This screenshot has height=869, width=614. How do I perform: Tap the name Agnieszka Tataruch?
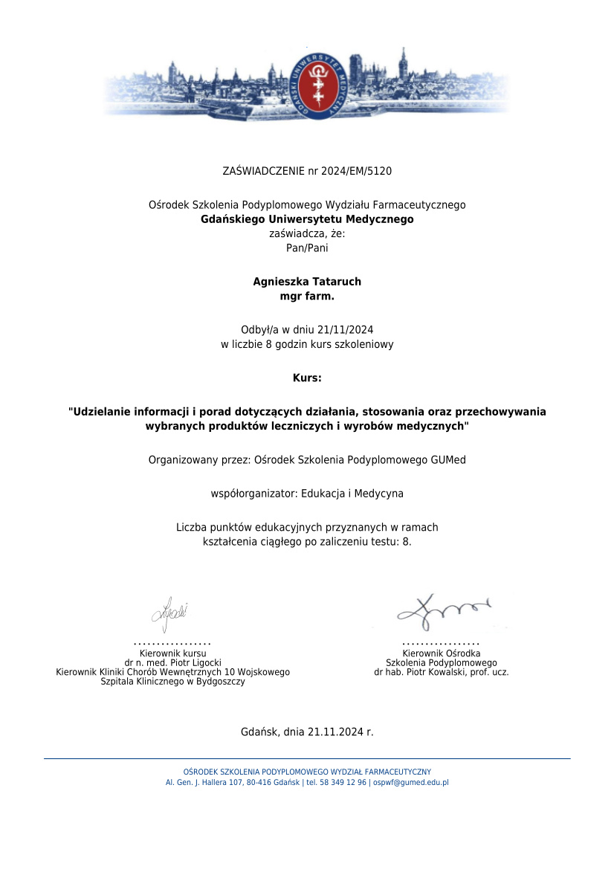pyautogui.click(x=307, y=282)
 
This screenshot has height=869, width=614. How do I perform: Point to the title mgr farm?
pyautogui.click(x=307, y=295)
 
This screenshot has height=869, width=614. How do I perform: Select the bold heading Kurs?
pyautogui.click(x=307, y=378)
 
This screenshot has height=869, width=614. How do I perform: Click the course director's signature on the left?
pyautogui.click(x=170, y=614)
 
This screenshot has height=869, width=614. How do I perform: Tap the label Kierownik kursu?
pyautogui.click(x=172, y=653)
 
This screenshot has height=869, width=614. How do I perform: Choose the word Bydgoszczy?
pyautogui.click(x=220, y=682)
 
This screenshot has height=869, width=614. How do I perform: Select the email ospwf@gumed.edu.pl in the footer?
pyautogui.click(x=410, y=782)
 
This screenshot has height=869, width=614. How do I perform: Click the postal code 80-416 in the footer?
pyautogui.click(x=262, y=782)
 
